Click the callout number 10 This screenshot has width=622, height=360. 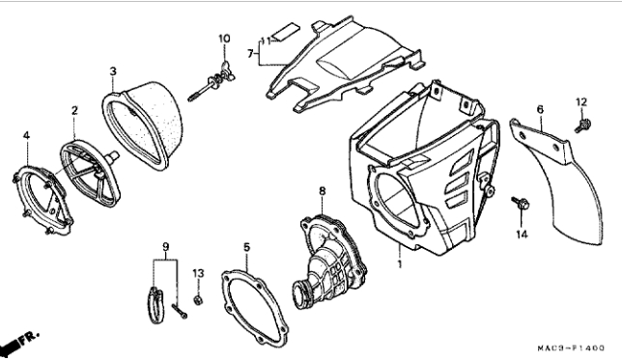[x=224, y=39]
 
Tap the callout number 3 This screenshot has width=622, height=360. [x=113, y=71]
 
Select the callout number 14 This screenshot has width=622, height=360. [x=522, y=235]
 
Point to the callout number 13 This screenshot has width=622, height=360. [x=198, y=273]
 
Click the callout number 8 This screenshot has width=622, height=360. [x=323, y=191]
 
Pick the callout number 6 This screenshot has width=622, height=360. [x=540, y=109]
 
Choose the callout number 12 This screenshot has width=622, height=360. [x=581, y=102]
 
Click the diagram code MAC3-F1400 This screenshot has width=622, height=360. [x=571, y=348]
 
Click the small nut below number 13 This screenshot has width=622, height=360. [x=198, y=300]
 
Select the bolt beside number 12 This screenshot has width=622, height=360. [x=583, y=125]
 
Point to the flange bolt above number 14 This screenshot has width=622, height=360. [x=521, y=204]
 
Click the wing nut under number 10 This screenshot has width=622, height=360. [x=225, y=69]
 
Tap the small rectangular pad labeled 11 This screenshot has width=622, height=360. [x=288, y=31]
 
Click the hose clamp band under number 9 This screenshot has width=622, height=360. [x=155, y=304]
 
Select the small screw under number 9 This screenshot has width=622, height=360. [x=180, y=311]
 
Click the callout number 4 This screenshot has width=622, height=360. [x=26, y=135]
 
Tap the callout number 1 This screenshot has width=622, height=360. [x=400, y=263]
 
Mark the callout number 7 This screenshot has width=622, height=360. [x=250, y=53]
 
